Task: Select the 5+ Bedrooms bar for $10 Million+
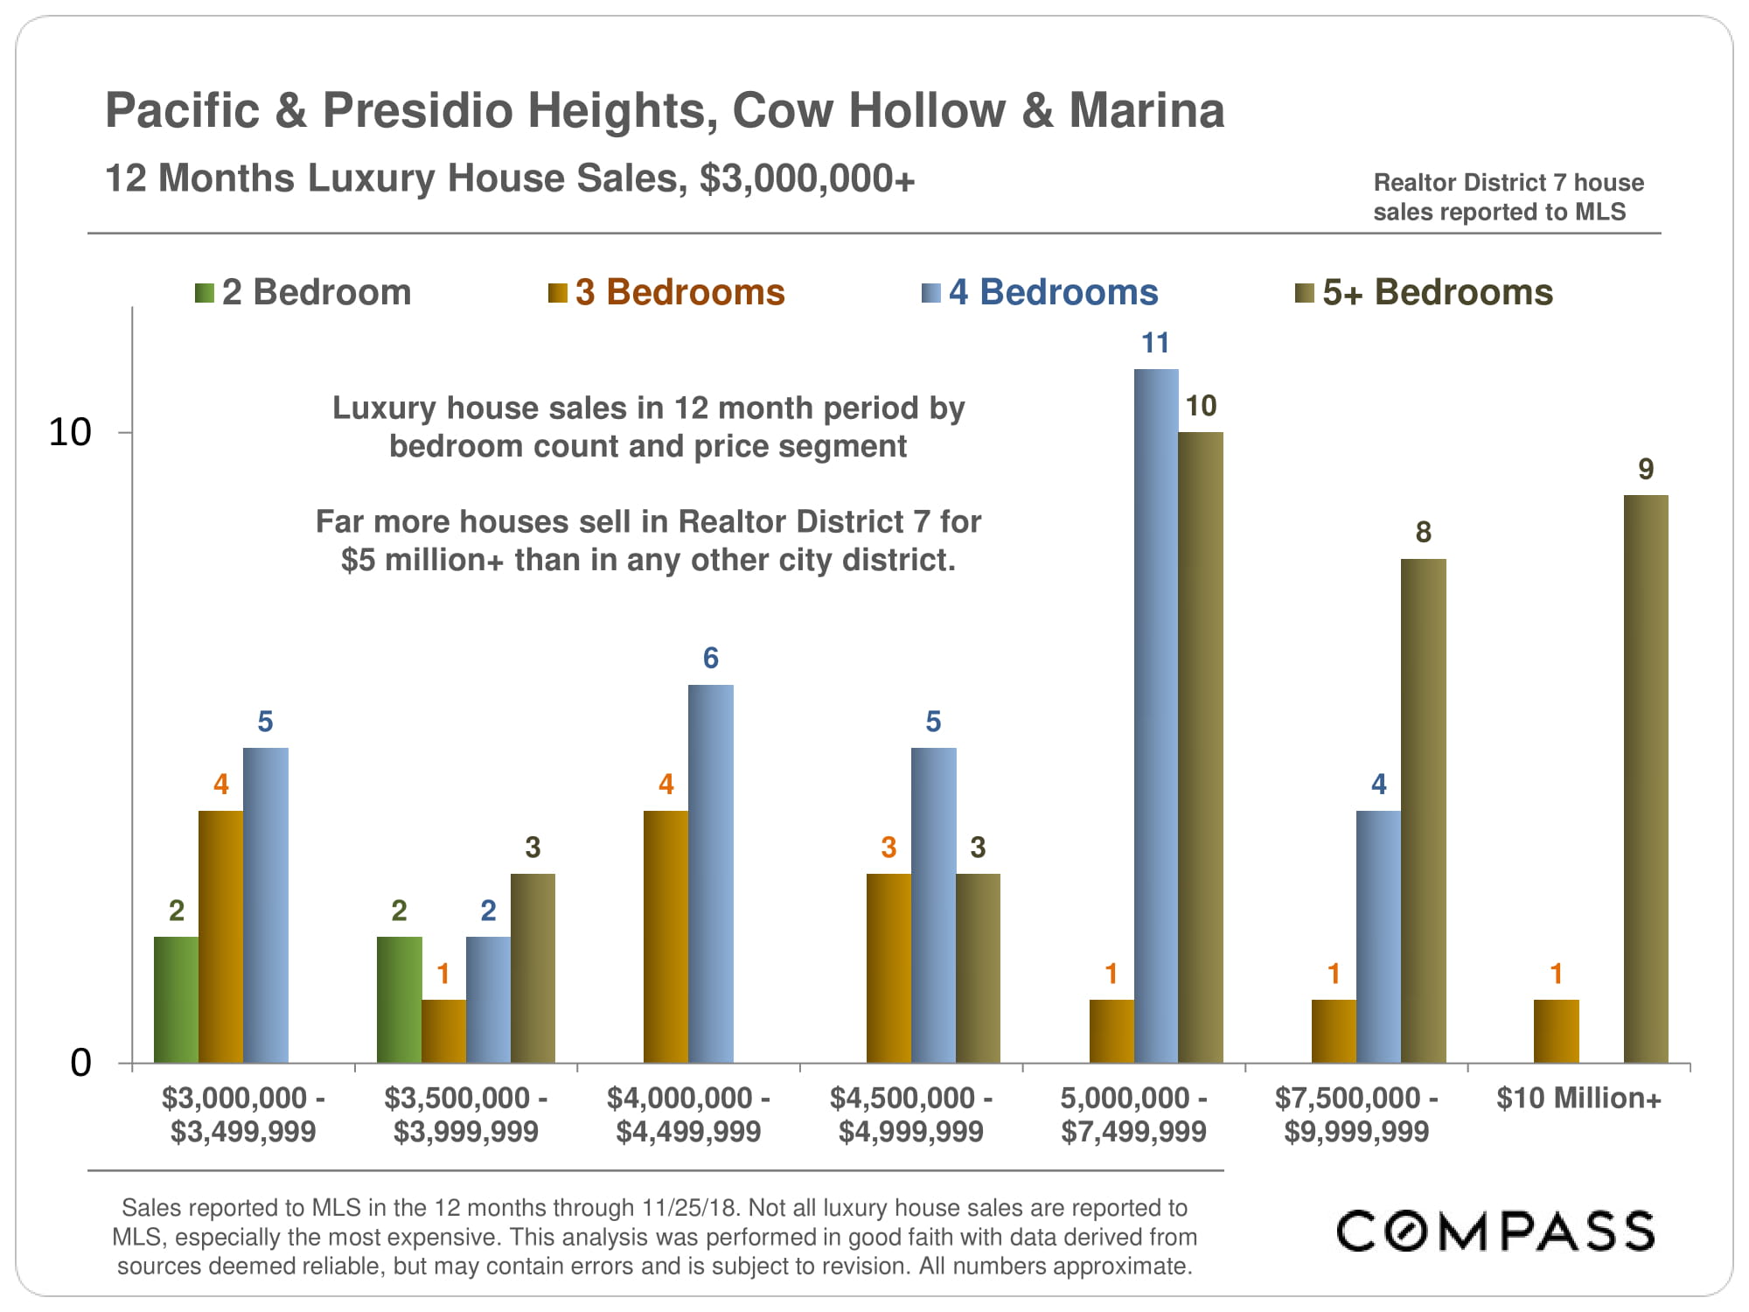(x=1646, y=778)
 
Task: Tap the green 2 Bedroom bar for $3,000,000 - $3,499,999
(x=176, y=1000)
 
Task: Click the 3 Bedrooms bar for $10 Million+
(x=1556, y=1031)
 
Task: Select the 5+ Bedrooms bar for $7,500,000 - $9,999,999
(x=1423, y=811)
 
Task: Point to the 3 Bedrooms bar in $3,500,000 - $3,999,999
(x=443, y=1031)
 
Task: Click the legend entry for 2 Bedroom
(x=303, y=292)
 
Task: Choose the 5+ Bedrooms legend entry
(x=1424, y=292)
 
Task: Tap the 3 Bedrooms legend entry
(x=666, y=292)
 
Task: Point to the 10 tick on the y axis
(x=70, y=432)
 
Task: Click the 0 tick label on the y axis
(x=80, y=1063)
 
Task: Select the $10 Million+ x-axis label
(x=1578, y=1098)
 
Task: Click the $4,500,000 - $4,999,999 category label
(x=910, y=1114)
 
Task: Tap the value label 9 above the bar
(x=1646, y=470)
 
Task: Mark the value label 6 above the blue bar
(x=710, y=659)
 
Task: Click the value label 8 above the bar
(x=1423, y=533)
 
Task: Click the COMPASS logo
(x=1495, y=1231)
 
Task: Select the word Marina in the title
(x=1146, y=111)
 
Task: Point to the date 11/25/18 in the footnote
(x=691, y=1208)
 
